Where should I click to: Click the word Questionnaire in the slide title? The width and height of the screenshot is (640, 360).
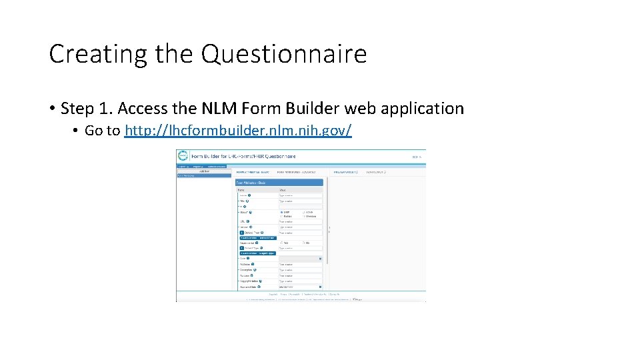(284, 54)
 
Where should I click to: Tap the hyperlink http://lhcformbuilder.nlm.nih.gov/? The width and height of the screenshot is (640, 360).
(238, 131)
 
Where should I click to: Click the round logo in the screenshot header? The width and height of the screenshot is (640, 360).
(183, 156)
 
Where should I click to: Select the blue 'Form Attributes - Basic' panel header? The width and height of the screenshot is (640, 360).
(279, 182)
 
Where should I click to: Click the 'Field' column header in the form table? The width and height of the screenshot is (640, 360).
(241, 190)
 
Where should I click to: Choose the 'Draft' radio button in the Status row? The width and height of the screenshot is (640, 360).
(282, 212)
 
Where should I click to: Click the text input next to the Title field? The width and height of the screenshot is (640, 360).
(300, 201)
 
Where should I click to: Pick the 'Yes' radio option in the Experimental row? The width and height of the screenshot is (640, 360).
(282, 243)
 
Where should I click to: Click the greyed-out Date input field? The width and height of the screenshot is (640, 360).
(300, 259)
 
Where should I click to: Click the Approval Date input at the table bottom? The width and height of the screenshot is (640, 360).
(300, 287)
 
